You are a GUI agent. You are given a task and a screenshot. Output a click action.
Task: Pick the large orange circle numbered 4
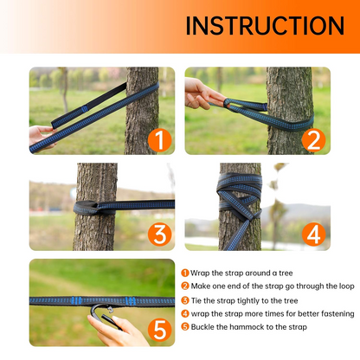coord(312,234)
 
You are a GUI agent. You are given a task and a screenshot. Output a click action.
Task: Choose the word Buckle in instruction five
coord(204,326)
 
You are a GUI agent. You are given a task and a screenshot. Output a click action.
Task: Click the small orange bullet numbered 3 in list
coord(185,299)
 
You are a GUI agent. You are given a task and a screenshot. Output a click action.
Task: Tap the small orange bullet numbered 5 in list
coord(185,326)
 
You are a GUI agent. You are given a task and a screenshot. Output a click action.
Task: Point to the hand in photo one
coord(42,136)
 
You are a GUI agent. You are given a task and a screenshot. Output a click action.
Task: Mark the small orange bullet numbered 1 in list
coord(185,273)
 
